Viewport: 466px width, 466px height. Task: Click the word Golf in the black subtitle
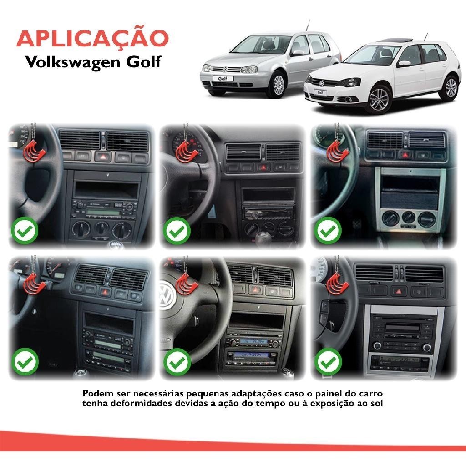(143, 62)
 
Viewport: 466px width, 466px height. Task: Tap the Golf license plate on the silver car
(223, 78)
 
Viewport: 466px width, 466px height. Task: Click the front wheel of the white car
(379, 99)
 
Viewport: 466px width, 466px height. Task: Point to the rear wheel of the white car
(450, 88)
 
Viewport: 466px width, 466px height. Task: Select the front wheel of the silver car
(278, 85)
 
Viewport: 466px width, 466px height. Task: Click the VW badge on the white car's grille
(322, 83)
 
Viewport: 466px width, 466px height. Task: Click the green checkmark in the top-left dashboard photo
(25, 231)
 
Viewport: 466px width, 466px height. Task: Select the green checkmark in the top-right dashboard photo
(328, 231)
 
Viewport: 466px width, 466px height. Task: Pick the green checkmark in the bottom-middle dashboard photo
(177, 362)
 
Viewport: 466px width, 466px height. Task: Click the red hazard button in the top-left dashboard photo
(103, 157)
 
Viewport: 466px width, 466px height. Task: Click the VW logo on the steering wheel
(167, 295)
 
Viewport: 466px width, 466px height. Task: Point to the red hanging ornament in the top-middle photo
(186, 152)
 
